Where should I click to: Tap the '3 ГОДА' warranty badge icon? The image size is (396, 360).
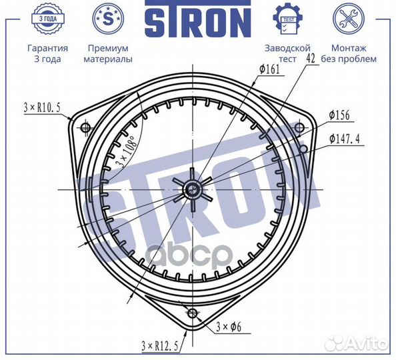[x=47, y=19]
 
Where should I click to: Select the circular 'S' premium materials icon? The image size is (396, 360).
[x=107, y=18]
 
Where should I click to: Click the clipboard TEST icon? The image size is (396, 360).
[x=287, y=19]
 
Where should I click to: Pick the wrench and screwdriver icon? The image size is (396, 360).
[x=353, y=19]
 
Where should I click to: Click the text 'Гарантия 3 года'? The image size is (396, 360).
[x=47, y=53]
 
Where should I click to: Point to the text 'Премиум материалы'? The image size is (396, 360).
[x=107, y=53]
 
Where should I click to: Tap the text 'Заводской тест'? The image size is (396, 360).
[x=287, y=53]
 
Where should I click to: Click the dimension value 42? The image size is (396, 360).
[x=309, y=59]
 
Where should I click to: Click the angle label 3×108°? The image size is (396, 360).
[x=125, y=150]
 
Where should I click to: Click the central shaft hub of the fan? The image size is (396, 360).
[x=193, y=190]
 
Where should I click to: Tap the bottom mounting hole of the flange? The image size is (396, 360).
[x=193, y=313]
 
